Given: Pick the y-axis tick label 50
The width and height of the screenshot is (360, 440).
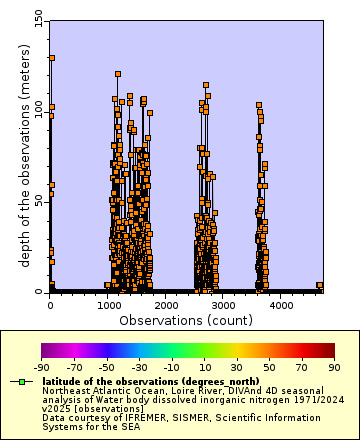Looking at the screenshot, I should [x=37, y=200].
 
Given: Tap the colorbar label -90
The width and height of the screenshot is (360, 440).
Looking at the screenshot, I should [x=42, y=368].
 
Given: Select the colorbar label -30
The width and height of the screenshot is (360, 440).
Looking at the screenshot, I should [x=140, y=368].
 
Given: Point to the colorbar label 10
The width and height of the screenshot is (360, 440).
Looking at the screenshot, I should [x=205, y=368].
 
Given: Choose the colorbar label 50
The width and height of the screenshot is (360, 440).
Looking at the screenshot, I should [x=270, y=368].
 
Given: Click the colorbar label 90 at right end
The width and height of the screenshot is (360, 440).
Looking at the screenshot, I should [x=334, y=368].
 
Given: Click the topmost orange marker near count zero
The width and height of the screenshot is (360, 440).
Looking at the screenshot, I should [x=51, y=58].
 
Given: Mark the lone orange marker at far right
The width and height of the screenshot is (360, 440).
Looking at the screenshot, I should [x=320, y=286].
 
